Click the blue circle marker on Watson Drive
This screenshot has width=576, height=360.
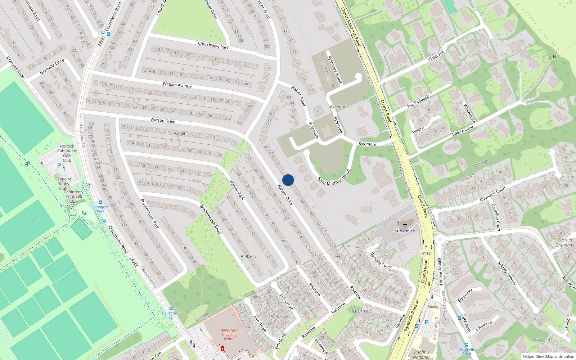288,180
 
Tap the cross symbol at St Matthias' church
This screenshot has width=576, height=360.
405,225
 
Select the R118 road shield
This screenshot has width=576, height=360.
426,253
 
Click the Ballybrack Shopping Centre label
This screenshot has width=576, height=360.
229,334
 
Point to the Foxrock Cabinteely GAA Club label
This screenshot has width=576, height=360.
67,153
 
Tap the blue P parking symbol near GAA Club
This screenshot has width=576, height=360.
59,166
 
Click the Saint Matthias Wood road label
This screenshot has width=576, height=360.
334,177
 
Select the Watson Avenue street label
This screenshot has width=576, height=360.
177,85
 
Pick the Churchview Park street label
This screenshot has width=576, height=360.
213,45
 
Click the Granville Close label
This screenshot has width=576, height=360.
52,67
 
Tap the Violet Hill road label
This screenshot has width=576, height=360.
436,57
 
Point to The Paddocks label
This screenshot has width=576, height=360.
419,102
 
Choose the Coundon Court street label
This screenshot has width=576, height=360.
493,194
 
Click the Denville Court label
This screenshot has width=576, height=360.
381,260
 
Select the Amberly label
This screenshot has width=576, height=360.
248,256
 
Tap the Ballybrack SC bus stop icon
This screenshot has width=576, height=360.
171,309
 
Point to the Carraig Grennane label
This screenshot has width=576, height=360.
565,242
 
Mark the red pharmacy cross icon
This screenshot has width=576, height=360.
222,348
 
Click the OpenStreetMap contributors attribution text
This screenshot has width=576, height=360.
548,356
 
